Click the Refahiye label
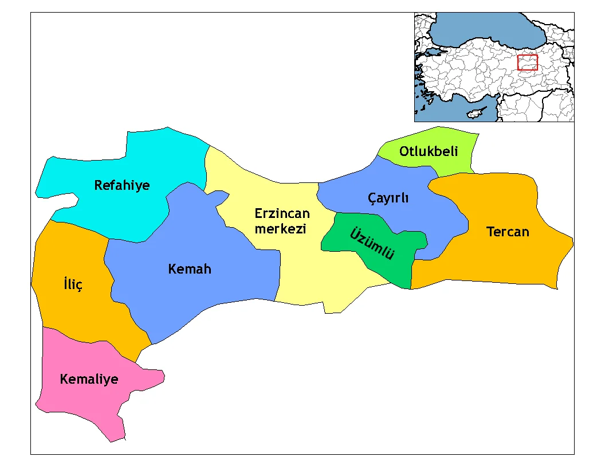pos(122,185)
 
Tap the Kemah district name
pos(190,268)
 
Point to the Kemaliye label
pos(89,379)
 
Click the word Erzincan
pos(282,214)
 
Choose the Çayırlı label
pos(388,198)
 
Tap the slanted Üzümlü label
pos(372,244)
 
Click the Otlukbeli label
pos(429,152)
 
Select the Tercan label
pos(508,232)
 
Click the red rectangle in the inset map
pos(527,63)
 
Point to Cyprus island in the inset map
pos(475,112)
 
